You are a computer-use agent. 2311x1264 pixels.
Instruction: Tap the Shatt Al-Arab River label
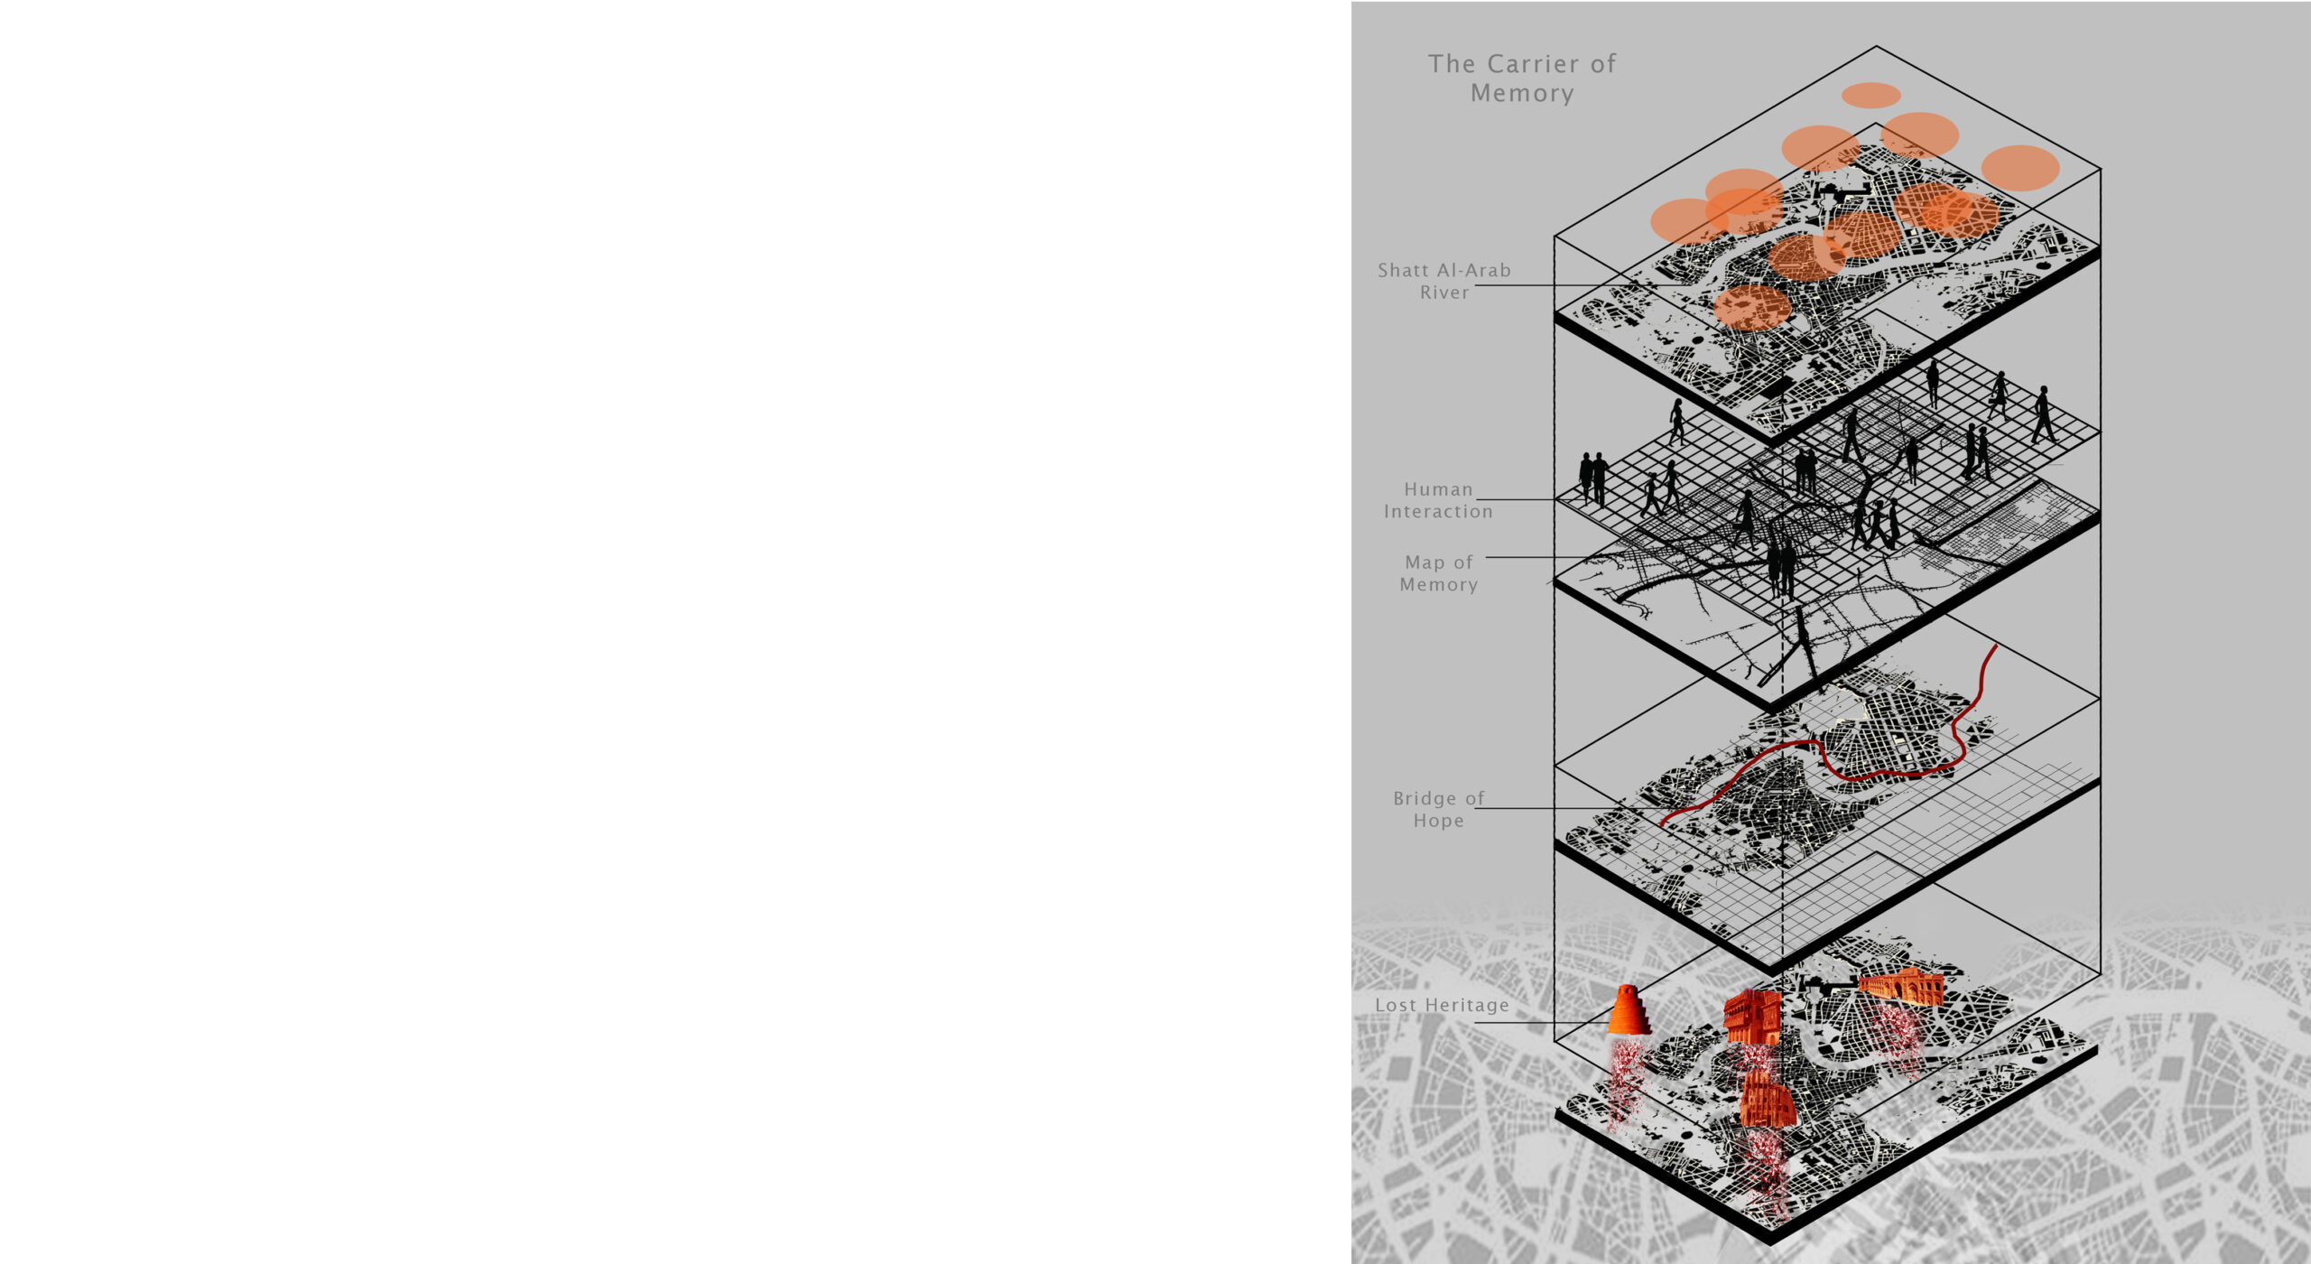(1444, 281)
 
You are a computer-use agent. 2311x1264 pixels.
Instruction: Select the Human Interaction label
(1439, 500)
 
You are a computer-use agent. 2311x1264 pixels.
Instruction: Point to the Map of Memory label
(1439, 573)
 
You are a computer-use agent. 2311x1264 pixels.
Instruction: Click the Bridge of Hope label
(1439, 810)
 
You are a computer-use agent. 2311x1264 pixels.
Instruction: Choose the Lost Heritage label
(1442, 1005)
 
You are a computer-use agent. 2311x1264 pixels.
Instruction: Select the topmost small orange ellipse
(1871, 95)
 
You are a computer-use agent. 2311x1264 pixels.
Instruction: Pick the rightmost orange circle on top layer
(2020, 168)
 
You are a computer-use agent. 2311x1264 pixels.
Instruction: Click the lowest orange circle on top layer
(1752, 307)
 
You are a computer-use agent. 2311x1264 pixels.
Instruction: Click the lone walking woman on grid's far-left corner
(1676, 422)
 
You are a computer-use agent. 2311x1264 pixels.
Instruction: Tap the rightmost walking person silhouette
(2043, 414)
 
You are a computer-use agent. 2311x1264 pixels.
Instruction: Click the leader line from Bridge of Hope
(1548, 808)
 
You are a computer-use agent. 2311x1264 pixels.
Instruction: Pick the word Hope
(1439, 821)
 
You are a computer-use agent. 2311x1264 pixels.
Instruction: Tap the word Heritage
(1467, 1005)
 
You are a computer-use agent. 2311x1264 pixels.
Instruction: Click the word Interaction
(1439, 512)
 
